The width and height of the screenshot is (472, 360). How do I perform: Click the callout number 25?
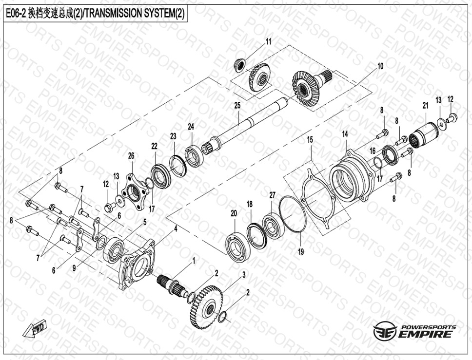point(237,105)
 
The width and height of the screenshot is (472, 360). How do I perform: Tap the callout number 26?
point(131,155)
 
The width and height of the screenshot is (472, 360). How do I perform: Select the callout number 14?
point(345,134)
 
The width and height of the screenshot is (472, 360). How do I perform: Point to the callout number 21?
point(425,106)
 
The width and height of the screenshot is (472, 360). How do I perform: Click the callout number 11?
point(268,41)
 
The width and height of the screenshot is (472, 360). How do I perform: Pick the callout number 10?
point(380,66)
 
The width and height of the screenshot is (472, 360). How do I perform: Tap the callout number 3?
point(244,275)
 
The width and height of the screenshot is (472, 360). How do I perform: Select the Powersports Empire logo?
point(414,330)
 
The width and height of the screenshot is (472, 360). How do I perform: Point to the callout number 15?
point(310,139)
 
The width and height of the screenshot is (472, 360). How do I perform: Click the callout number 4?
point(176,228)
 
